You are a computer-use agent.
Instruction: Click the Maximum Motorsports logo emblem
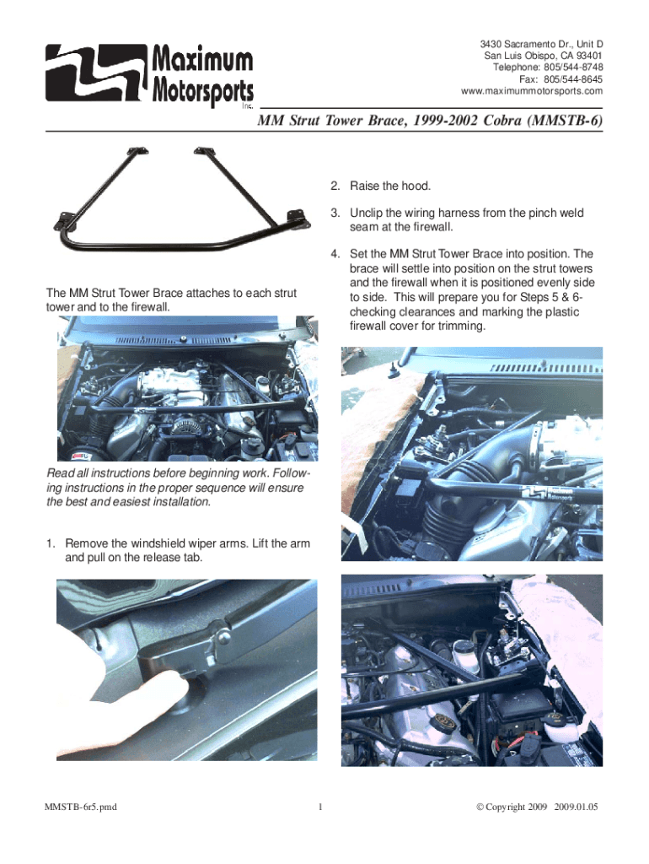[x=96, y=73]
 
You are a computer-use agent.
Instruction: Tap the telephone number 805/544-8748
[x=573, y=67]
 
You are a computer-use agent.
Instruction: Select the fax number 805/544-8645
[x=573, y=79]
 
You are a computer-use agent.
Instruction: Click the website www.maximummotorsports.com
[x=532, y=91]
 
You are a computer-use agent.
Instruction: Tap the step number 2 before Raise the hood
[x=335, y=186]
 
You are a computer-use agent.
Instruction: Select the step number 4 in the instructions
[x=335, y=254]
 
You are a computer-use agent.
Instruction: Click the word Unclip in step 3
[x=366, y=213]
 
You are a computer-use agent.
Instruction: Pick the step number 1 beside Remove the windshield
[x=50, y=544]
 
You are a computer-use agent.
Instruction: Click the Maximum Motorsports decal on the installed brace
[x=547, y=493]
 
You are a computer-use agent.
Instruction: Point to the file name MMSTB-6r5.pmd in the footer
[x=80, y=807]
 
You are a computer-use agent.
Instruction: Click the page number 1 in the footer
[x=320, y=807]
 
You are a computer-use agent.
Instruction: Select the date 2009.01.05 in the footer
[x=576, y=807]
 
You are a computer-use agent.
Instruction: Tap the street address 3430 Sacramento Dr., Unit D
[x=541, y=44]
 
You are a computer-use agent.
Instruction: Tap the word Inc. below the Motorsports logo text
[x=248, y=105]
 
